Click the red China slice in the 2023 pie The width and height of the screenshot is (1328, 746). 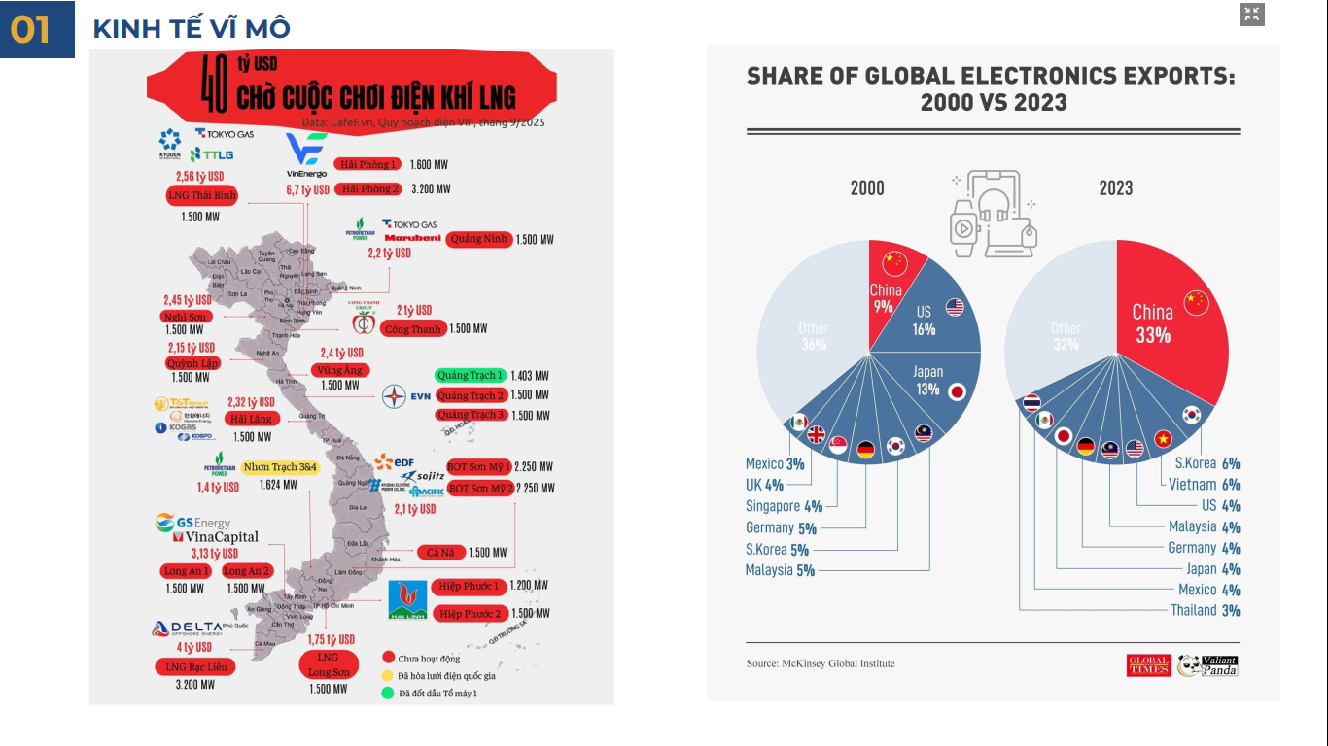1162,321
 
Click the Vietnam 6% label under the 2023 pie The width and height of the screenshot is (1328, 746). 1205,485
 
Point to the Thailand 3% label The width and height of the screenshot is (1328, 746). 1205,610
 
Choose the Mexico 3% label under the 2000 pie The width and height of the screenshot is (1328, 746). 775,464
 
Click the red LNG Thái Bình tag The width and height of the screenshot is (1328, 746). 202,195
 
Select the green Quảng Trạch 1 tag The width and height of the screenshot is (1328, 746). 471,375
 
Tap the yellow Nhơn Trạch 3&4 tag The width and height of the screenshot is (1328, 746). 280,467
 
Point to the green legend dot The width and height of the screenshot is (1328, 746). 388,693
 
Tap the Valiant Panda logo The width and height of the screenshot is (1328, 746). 1207,665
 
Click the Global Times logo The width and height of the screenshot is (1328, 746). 1148,665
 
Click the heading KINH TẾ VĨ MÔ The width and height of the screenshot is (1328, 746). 191,29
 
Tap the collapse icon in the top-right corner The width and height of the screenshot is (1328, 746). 1251,15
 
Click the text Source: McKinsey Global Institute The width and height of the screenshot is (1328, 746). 821,663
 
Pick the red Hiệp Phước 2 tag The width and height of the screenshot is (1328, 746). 470,614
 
